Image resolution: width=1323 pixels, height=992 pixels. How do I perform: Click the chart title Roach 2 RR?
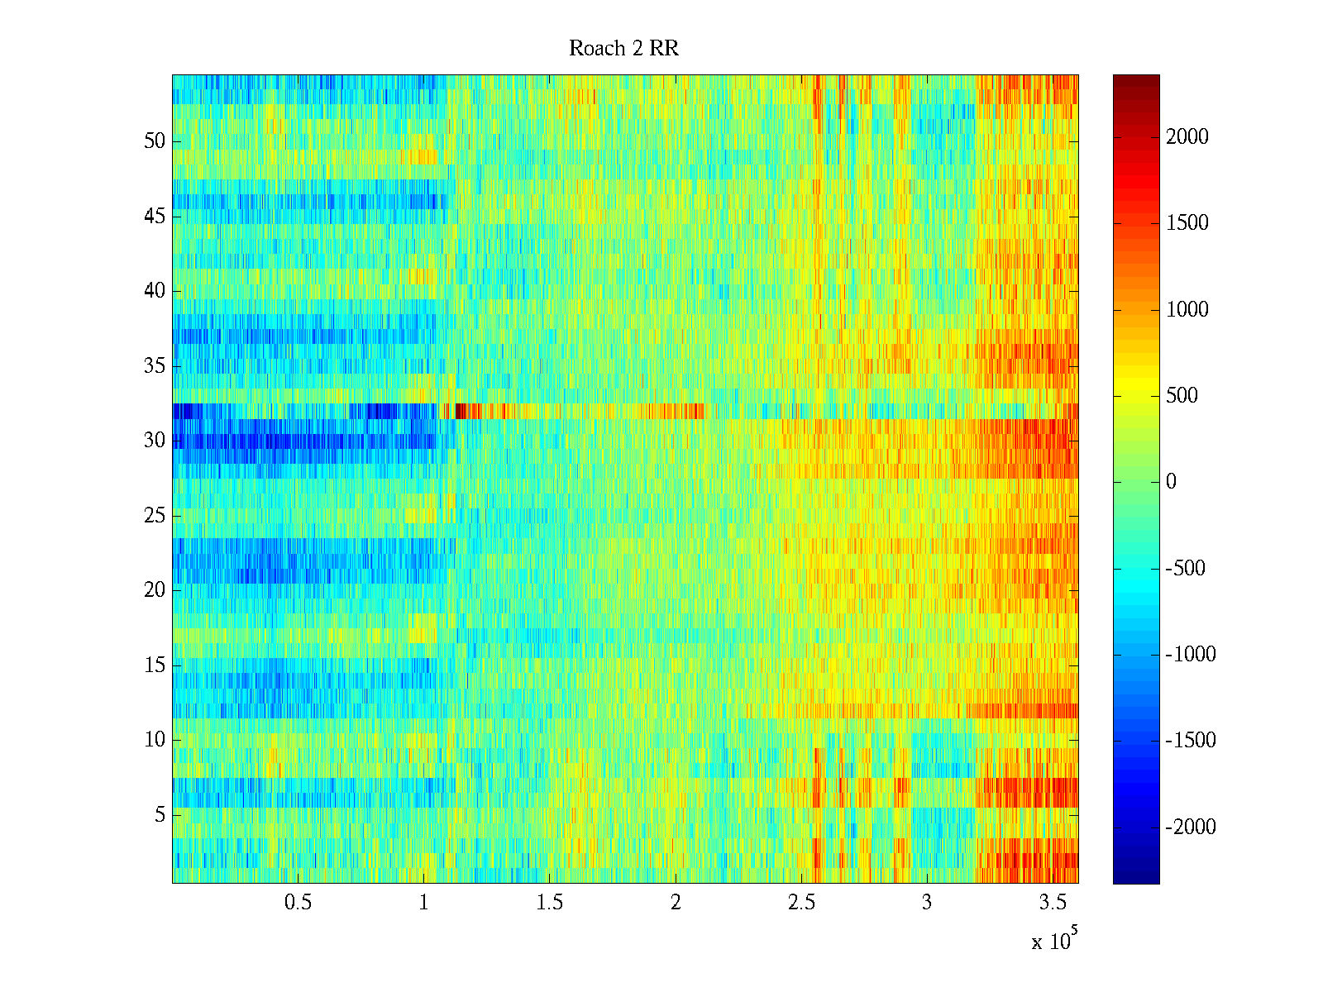[x=623, y=49]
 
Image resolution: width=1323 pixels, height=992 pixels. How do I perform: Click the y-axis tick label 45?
[x=155, y=217]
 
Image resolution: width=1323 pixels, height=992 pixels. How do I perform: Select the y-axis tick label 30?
[x=155, y=441]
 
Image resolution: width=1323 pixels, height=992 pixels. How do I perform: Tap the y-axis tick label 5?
[x=160, y=815]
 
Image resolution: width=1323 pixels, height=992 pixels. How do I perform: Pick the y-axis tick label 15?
[x=155, y=665]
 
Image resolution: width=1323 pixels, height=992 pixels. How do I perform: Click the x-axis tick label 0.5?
[x=298, y=903]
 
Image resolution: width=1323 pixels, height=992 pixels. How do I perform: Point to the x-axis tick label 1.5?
[x=549, y=903]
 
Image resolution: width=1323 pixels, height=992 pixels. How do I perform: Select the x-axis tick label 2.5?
[x=800, y=903]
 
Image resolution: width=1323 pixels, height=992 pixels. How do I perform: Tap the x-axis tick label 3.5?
[x=1053, y=903]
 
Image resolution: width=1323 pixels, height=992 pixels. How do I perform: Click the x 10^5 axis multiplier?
[x=1053, y=940]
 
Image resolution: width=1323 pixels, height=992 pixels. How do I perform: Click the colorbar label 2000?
[x=1187, y=137]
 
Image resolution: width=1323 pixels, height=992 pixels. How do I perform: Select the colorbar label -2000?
[x=1190, y=827]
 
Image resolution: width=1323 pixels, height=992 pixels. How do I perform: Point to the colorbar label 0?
[x=1171, y=482]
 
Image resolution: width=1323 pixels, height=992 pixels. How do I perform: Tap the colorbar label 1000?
[x=1187, y=310]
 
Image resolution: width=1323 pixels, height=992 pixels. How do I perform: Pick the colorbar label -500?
[x=1186, y=569]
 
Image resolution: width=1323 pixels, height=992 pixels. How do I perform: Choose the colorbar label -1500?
[x=1190, y=741]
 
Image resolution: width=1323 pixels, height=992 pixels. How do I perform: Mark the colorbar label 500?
[x=1182, y=396]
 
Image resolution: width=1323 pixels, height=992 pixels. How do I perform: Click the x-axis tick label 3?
[x=927, y=903]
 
